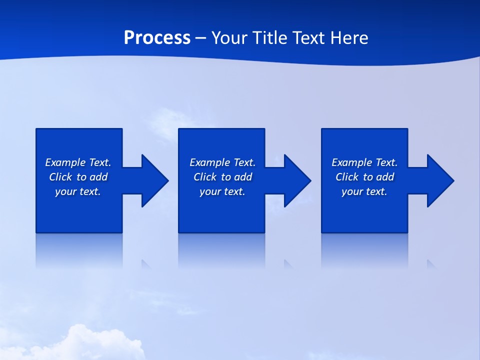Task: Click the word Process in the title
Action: pos(157,38)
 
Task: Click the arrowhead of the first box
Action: pos(154,180)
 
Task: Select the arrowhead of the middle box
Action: pos(297,180)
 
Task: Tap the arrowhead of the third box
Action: pos(440,180)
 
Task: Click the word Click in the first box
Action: pos(60,177)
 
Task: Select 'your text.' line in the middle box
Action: pos(222,191)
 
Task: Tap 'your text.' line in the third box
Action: pos(364,191)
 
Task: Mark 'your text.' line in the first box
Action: pos(77,191)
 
